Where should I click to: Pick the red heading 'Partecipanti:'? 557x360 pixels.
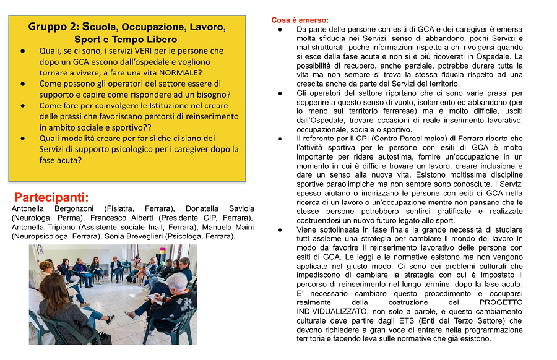click(51, 198)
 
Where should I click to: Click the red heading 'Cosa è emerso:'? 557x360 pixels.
click(300, 20)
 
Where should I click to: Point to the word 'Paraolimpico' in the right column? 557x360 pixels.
click(388, 139)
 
